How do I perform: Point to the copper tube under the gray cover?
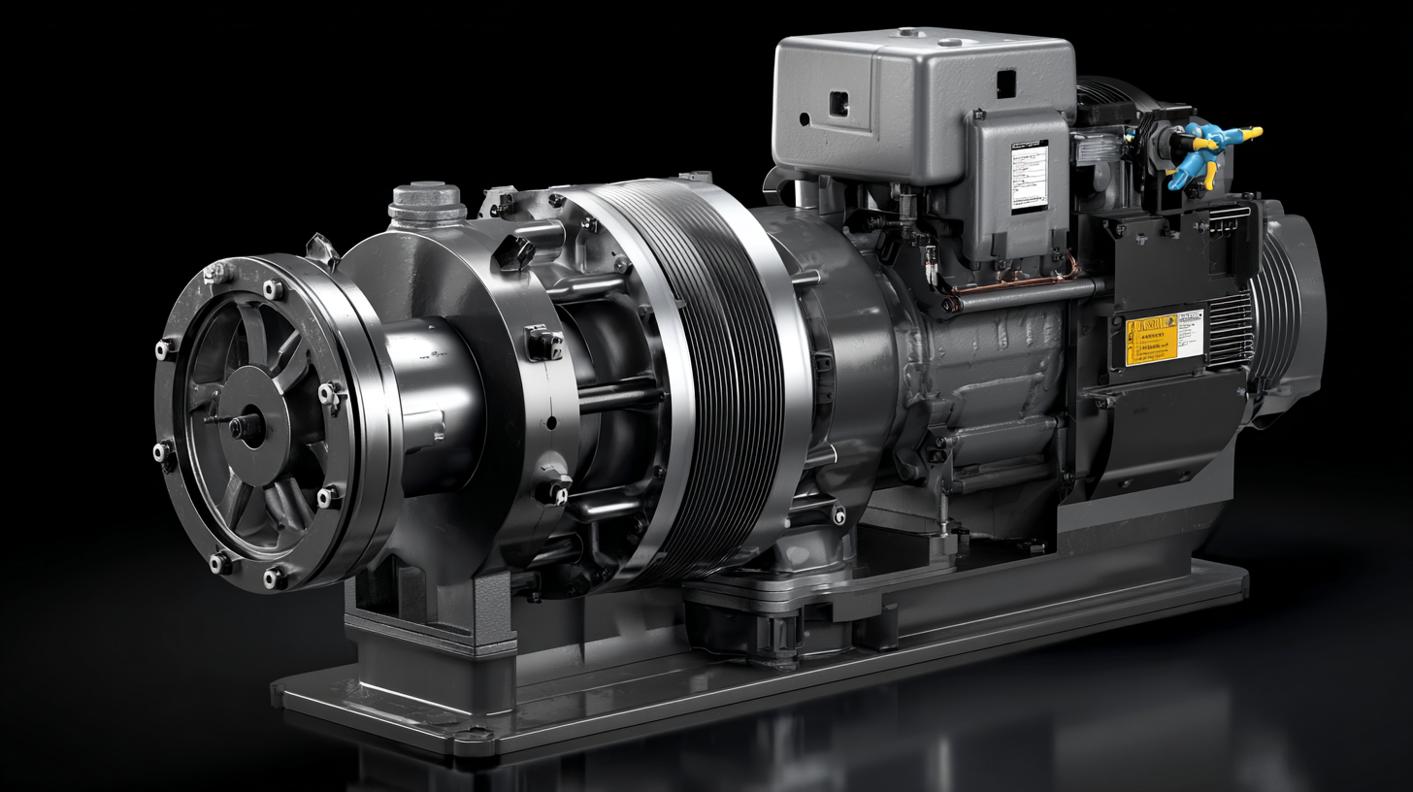[1009, 282]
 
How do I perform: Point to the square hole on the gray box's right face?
[1006, 84]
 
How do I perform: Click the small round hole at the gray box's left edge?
[805, 118]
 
